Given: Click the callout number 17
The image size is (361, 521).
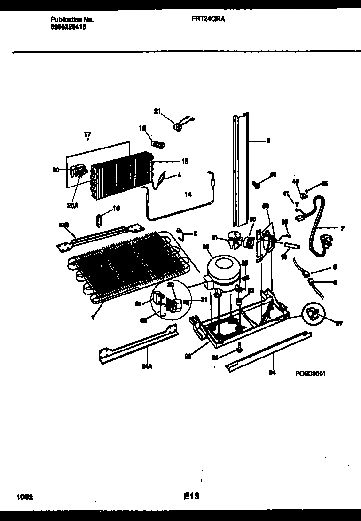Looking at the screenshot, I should coord(86,135).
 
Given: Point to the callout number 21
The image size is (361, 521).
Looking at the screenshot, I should coord(157,111).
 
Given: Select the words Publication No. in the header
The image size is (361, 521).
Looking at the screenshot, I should coord(71,20).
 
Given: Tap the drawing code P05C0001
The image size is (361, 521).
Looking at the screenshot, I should coord(310,373).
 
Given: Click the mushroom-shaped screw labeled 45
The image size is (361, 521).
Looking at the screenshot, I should coord(258,183).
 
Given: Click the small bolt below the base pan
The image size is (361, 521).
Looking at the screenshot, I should coord(240,348).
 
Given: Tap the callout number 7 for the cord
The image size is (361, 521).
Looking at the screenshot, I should coord(342,228).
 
